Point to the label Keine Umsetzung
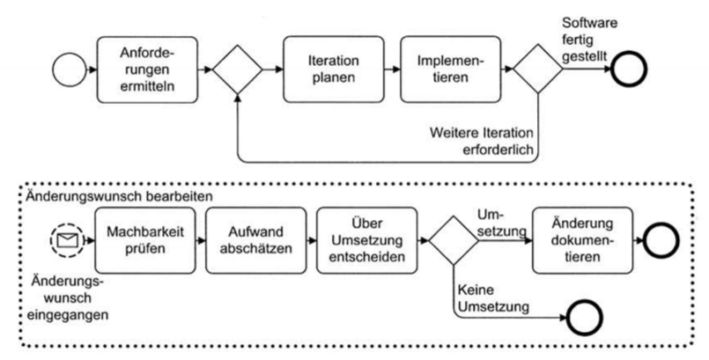pyautogui.click(x=490, y=301)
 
